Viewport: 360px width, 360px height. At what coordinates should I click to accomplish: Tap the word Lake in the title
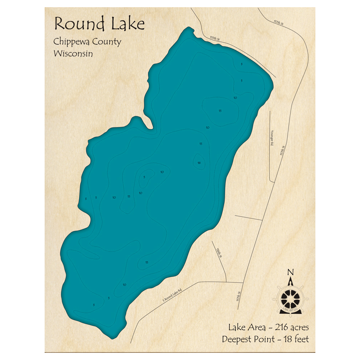[127, 24]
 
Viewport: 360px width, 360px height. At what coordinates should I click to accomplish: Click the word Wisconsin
[73, 53]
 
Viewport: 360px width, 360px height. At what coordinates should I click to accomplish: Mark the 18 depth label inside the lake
[199, 163]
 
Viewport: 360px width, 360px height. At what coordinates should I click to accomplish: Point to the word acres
[300, 328]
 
